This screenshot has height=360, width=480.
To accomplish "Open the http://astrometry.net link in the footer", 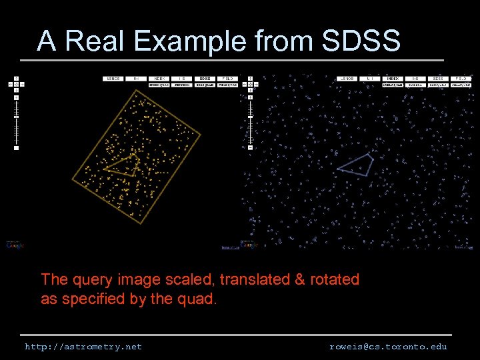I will (83, 347).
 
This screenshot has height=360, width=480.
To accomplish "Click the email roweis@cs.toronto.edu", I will (388, 347).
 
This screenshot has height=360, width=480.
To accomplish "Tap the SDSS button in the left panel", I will (205, 78).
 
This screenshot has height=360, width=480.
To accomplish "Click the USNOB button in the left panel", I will (113, 78).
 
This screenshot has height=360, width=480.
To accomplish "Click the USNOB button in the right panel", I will (347, 78).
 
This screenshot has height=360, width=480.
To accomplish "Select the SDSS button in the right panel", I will (438, 78).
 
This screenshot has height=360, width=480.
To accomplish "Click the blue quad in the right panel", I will (357, 164).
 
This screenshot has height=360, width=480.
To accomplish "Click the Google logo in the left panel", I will (15, 245).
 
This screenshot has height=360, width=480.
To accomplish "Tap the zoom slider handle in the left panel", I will (15, 116).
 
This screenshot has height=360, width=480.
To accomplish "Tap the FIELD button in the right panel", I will (461, 78).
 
